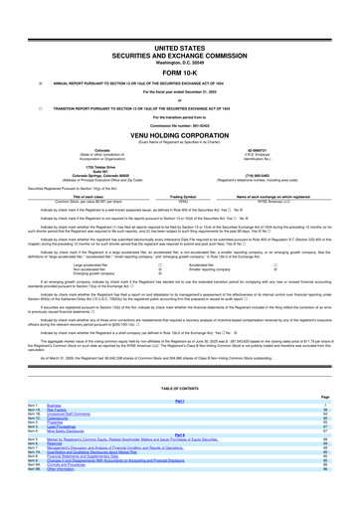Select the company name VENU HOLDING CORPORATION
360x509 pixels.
coord(180,141)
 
